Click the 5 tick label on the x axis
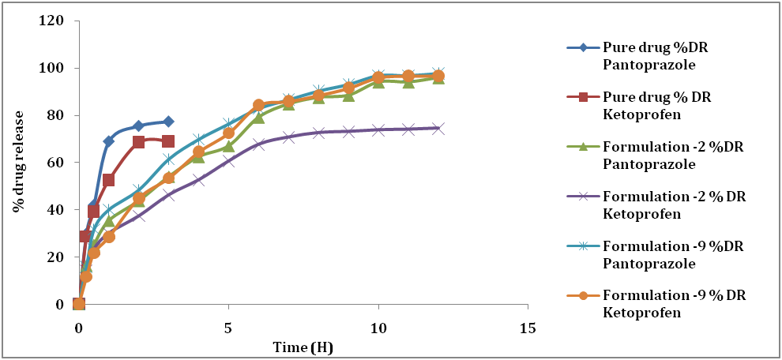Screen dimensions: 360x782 228,327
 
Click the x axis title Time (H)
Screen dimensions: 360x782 303,347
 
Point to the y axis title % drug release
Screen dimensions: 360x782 17,163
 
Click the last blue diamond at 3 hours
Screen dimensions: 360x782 168,122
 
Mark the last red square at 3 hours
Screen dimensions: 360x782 168,141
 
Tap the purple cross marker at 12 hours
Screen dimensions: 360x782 438,128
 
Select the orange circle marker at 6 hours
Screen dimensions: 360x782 258,105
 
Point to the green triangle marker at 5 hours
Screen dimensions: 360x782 228,146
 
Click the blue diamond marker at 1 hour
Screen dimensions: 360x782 108,141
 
